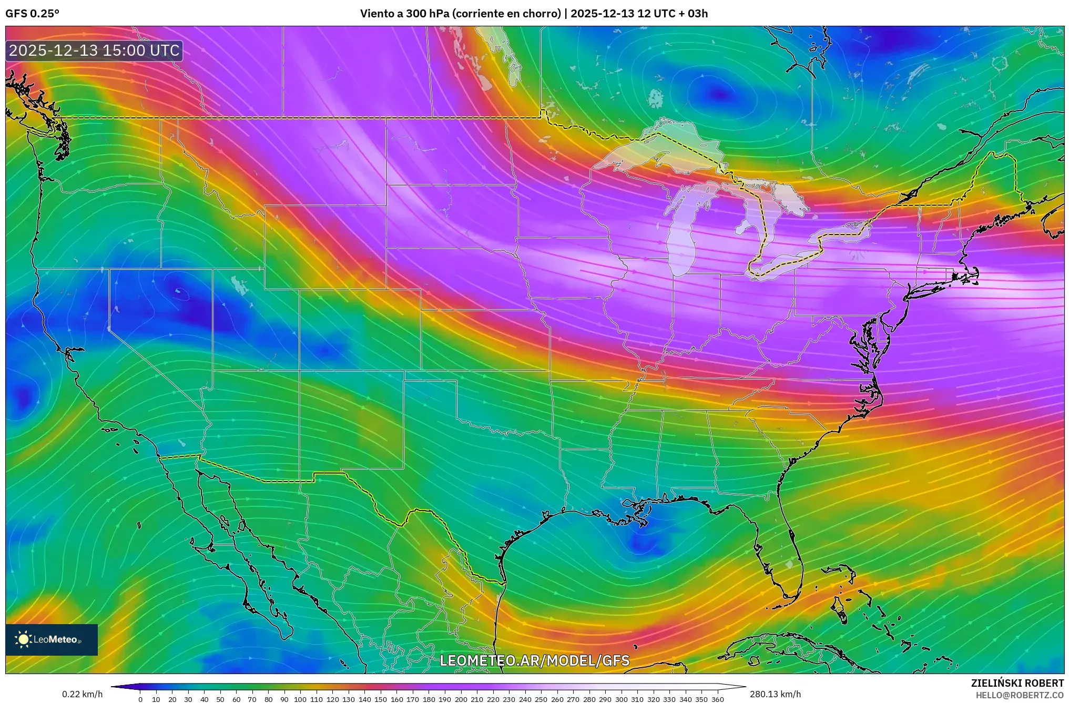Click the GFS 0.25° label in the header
32,14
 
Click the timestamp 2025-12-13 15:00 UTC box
95,50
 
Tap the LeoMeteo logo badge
52,639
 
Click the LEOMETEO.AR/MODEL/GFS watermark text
534,660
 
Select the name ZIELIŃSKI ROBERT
1017,683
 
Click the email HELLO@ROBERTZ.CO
1020,695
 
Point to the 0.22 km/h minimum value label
82,694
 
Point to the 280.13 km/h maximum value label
775,694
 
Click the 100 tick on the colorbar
300,699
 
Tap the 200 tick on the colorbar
461,699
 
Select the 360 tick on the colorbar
717,699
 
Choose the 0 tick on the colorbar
140,699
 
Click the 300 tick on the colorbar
621,699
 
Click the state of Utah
252,321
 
